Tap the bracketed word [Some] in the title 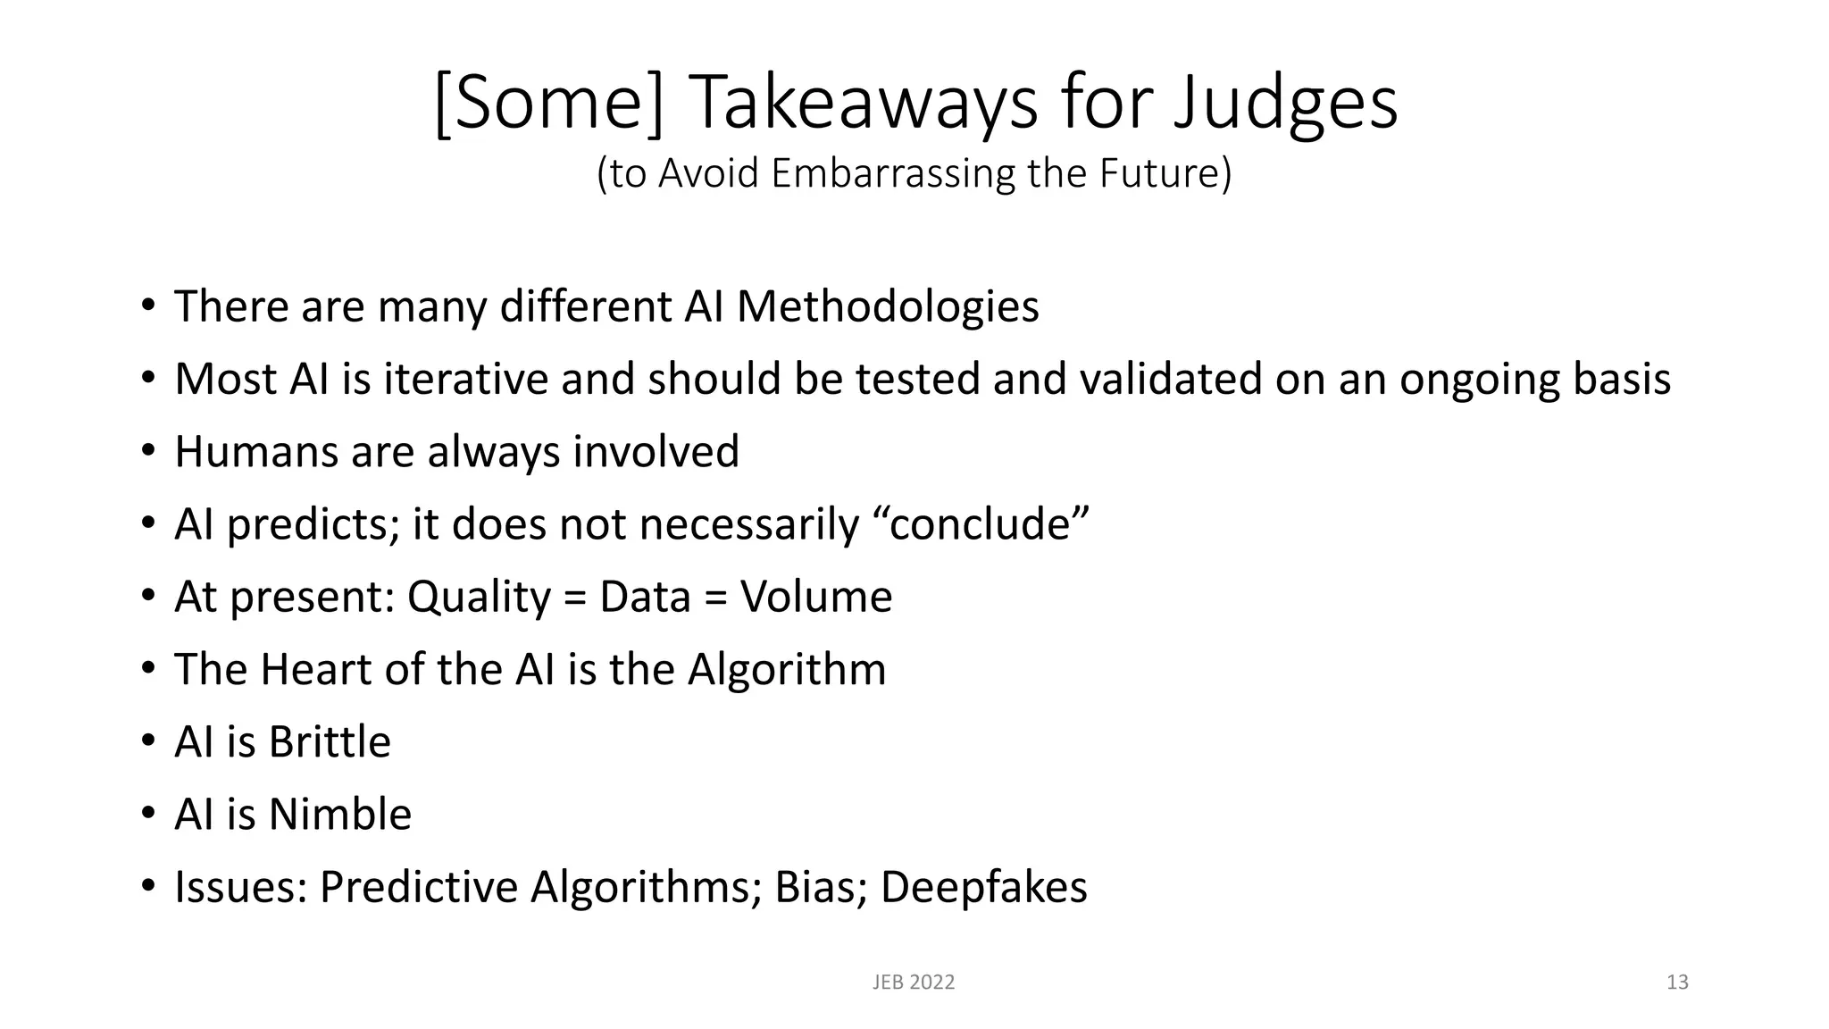coord(549,104)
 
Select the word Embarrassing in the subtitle coord(892,173)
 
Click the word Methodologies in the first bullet coord(888,306)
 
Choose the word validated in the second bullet coord(1170,379)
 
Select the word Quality coord(479,597)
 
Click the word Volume coord(815,597)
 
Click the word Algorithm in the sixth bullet coord(786,669)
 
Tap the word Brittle coord(330,741)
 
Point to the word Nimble coord(340,815)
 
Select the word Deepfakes coord(983,887)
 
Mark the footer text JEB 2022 coord(913,983)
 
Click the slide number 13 coord(1677,983)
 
